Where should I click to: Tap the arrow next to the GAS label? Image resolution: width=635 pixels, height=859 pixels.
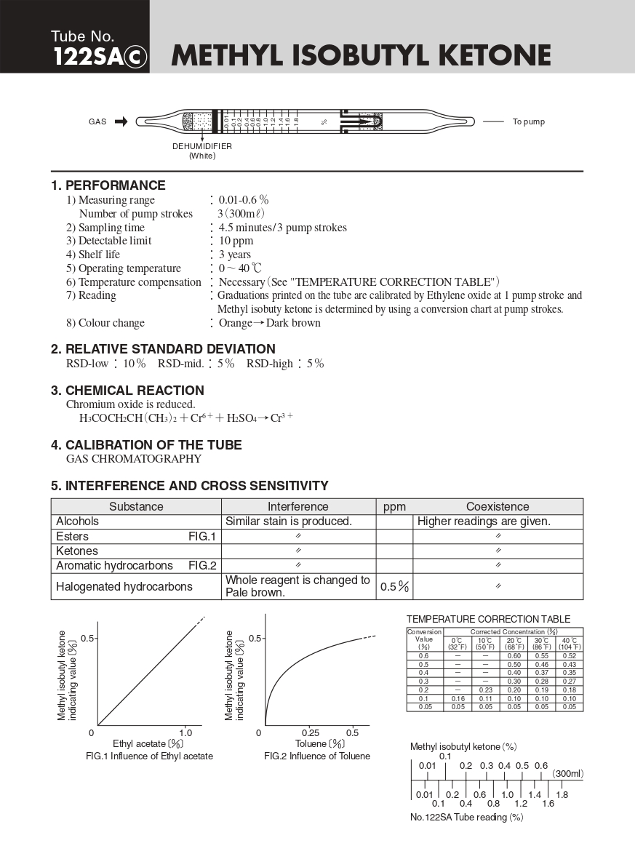coord(121,121)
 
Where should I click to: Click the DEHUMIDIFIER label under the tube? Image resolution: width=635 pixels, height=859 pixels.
coord(202,146)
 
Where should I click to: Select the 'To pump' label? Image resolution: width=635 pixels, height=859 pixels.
coord(528,121)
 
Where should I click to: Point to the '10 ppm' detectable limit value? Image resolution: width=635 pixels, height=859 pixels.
coord(236,241)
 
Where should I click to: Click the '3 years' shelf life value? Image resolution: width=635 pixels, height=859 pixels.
coord(235,255)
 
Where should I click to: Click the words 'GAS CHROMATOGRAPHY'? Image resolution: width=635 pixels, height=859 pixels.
coord(134,459)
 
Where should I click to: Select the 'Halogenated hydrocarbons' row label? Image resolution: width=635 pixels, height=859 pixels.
coord(124,586)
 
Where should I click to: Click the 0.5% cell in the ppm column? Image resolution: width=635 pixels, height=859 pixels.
coord(394,587)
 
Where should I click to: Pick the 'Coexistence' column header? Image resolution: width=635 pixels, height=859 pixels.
coord(498,506)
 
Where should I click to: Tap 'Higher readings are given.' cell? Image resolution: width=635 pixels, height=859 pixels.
coord(484,522)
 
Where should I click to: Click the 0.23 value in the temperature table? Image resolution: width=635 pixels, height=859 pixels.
coord(485,690)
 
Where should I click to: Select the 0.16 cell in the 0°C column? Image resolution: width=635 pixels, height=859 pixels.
coord(458,698)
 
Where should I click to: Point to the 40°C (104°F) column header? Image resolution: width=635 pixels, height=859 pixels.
coord(569,643)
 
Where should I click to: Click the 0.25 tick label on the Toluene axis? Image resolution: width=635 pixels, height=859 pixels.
coord(311,732)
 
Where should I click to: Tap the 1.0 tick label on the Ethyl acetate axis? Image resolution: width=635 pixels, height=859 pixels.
coord(185,732)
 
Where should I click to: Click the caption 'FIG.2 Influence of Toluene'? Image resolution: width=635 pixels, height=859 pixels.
coord(317,756)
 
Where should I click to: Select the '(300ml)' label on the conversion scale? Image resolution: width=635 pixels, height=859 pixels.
coord(567,774)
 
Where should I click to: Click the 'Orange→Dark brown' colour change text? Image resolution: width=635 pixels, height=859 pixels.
coord(269,323)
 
